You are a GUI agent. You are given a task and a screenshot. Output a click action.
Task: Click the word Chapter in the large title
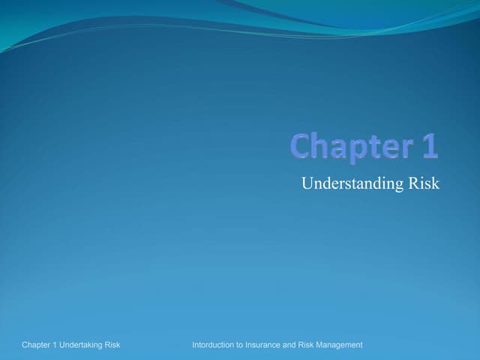(x=344, y=146)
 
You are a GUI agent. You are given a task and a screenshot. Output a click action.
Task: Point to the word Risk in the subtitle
(x=424, y=184)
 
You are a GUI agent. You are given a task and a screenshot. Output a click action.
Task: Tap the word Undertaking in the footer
(x=84, y=345)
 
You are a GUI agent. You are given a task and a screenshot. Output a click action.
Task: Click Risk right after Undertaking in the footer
(x=113, y=345)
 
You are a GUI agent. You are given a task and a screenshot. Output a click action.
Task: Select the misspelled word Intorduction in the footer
(x=215, y=345)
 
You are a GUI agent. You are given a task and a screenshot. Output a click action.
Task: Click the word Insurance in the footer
(x=268, y=345)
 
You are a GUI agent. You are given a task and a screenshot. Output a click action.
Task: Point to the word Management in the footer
(x=337, y=345)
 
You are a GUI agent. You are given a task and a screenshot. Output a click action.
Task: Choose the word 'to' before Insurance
(x=244, y=345)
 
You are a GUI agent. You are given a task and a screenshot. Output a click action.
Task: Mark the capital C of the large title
(x=301, y=146)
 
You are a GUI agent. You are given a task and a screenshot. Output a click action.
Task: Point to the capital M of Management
(x=316, y=345)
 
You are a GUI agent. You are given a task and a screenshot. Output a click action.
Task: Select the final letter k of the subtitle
(x=435, y=184)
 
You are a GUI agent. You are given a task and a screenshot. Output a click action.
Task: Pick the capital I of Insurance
(x=252, y=345)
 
